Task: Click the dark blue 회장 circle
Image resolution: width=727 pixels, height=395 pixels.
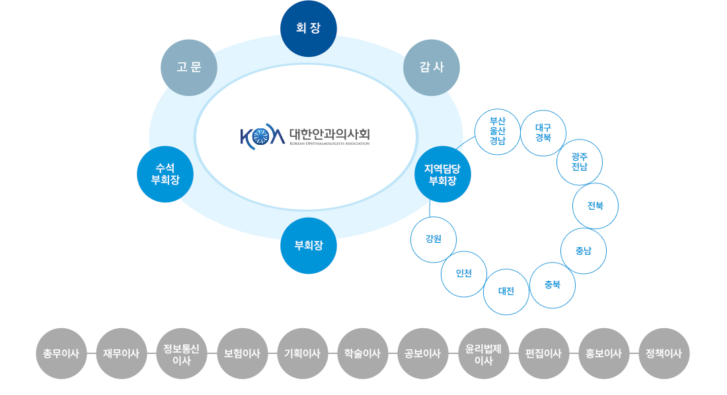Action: click(x=309, y=28)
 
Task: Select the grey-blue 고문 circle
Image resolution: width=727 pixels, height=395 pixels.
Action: click(x=189, y=67)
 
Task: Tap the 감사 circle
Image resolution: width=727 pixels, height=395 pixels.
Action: click(x=432, y=67)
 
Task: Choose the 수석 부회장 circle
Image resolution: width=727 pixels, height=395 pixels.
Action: click(x=165, y=174)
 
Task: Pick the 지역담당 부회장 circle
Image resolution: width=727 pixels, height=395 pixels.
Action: click(x=443, y=174)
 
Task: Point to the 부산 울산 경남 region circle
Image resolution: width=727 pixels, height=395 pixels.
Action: click(x=498, y=131)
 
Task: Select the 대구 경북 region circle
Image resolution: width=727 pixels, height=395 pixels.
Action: click(x=543, y=133)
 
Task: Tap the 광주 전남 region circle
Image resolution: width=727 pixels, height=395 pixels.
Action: click(x=580, y=161)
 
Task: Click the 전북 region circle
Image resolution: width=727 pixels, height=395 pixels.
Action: click(x=595, y=206)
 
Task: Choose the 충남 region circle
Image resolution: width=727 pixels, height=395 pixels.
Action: click(x=584, y=251)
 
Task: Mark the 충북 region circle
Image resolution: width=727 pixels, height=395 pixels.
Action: click(x=553, y=285)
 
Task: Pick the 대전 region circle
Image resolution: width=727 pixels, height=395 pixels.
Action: click(x=506, y=291)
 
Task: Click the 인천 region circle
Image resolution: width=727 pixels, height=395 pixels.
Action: click(x=464, y=273)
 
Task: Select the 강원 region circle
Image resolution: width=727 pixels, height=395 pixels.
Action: click(x=434, y=239)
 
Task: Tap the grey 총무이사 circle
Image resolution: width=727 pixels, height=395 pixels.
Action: click(x=61, y=353)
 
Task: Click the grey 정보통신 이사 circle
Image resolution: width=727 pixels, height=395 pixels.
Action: click(x=182, y=353)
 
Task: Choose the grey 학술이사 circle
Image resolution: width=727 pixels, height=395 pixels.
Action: click(x=362, y=353)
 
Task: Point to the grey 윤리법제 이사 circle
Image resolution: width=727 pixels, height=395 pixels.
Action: click(x=484, y=353)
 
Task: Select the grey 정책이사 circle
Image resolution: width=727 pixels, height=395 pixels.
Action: click(x=664, y=353)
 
